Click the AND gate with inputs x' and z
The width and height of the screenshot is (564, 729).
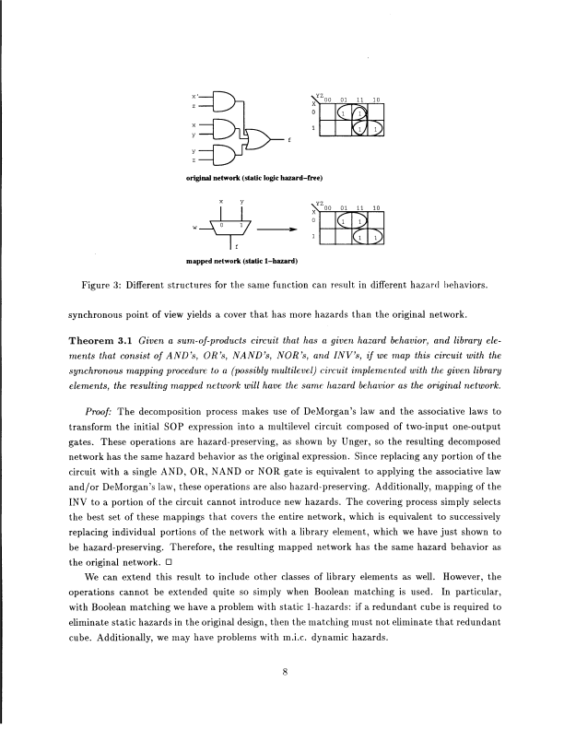click(x=219, y=102)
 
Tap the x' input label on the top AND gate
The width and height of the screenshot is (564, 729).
click(x=194, y=95)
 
